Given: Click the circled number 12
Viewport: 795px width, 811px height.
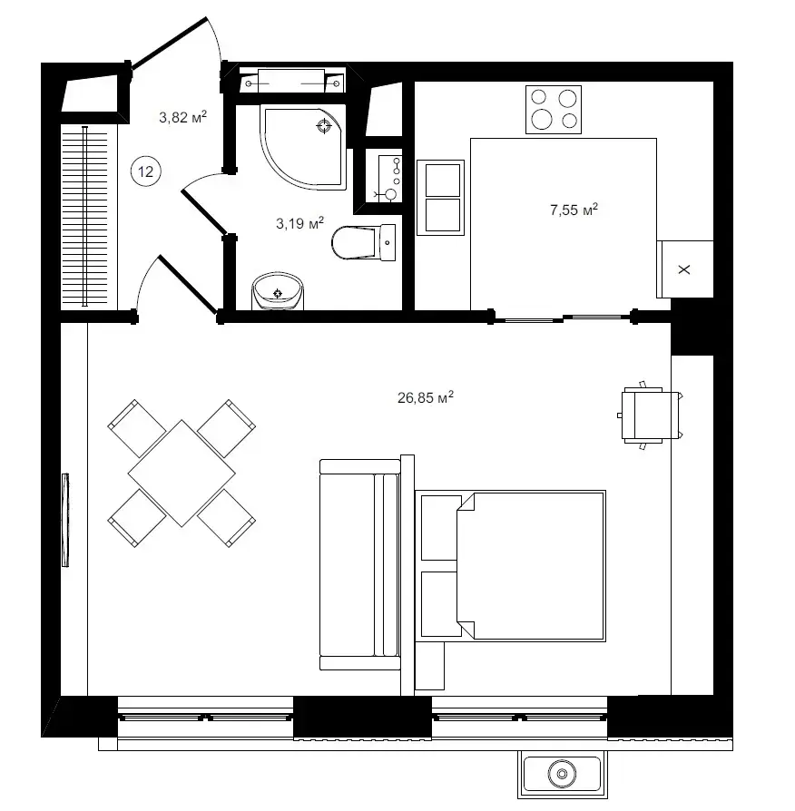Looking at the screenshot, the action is point(146,171).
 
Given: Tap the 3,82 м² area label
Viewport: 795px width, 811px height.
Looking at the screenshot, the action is point(182,117).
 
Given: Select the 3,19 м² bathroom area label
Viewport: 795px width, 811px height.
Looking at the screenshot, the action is point(299,223).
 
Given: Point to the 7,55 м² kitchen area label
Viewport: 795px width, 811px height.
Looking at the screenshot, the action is point(574,210).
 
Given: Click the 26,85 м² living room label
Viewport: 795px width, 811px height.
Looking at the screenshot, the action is point(426,397).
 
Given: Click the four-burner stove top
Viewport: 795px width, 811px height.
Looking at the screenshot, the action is point(554,110).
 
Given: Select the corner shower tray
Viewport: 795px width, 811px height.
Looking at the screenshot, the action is point(303,147).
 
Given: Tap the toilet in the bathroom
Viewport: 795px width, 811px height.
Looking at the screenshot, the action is point(363,242).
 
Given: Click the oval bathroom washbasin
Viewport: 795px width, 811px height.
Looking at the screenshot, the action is point(278,291).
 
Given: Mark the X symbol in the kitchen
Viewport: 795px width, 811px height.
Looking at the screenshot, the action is point(684,269).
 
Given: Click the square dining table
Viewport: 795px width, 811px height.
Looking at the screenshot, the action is point(182,474).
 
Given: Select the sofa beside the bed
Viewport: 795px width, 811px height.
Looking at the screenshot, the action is point(360,564).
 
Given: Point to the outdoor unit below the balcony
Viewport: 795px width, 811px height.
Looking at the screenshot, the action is point(562,774).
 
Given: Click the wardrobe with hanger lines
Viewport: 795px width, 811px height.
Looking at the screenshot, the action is point(85,217).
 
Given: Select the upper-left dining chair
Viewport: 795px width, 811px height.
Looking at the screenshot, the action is point(137,428).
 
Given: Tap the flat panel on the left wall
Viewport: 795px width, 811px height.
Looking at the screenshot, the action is point(65,520).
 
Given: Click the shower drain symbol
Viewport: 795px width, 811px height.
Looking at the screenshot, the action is point(324,126).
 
